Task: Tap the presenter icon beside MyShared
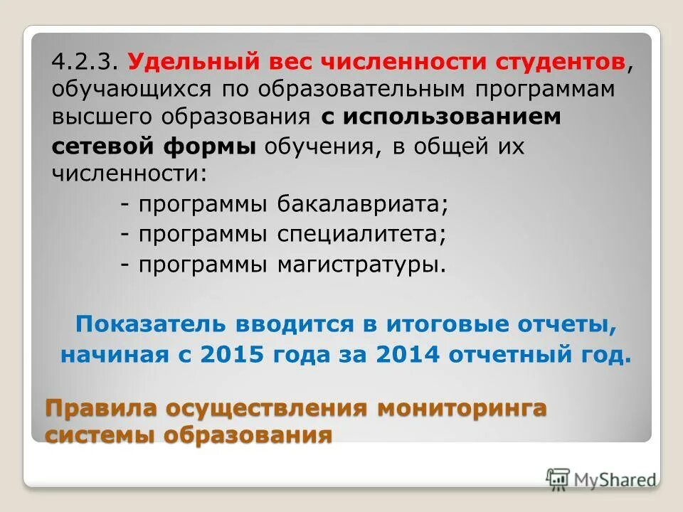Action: pos(558,478)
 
